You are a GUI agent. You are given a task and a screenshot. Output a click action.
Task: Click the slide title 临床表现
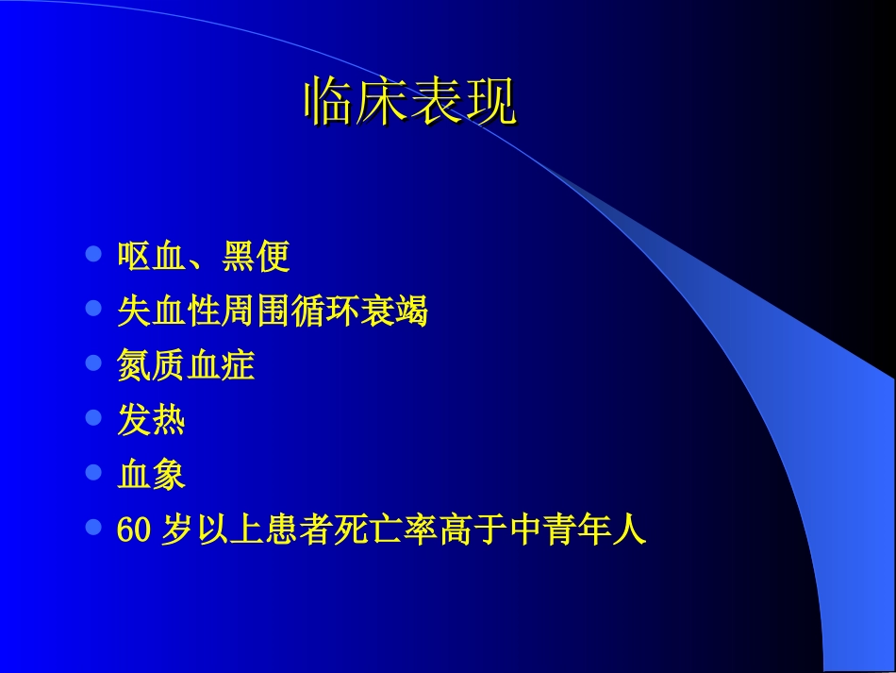pyautogui.click(x=410, y=103)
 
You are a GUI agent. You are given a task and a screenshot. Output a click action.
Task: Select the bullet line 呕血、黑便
pyautogui.click(x=203, y=256)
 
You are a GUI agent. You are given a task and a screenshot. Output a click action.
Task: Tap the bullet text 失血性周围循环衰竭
pyautogui.click(x=273, y=311)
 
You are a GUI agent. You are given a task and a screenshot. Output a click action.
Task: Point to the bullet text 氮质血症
pyautogui.click(x=186, y=365)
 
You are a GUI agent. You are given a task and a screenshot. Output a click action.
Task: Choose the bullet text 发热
pyautogui.click(x=151, y=420)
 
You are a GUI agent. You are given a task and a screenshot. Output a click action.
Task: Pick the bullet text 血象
pyautogui.click(x=151, y=475)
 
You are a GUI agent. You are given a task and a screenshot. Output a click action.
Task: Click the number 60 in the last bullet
pyautogui.click(x=134, y=530)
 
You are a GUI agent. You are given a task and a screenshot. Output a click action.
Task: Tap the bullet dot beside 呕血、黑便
pyautogui.click(x=92, y=254)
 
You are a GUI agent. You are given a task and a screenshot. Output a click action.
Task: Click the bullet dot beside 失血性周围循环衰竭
pyautogui.click(x=92, y=309)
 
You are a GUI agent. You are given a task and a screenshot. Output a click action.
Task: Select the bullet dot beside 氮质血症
pyautogui.click(x=92, y=363)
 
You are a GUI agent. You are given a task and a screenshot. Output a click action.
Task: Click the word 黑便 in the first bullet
pyautogui.click(x=256, y=256)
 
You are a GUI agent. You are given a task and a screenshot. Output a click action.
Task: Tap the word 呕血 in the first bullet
pyautogui.click(x=151, y=256)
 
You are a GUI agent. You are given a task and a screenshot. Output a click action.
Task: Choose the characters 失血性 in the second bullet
pyautogui.click(x=169, y=311)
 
